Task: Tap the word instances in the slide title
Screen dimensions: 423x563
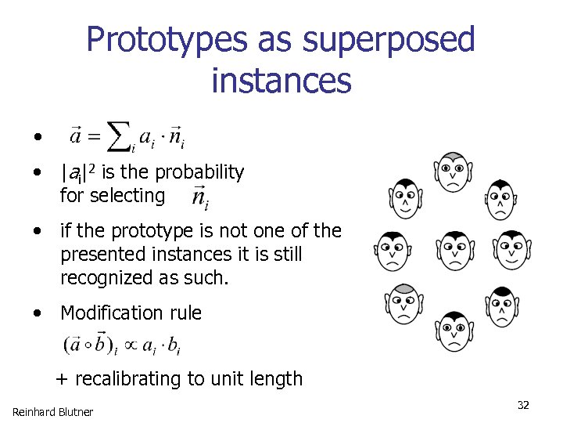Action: [x=281, y=80]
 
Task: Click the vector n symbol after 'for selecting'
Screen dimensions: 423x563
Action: [x=199, y=197]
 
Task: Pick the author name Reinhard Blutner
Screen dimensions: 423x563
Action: [x=52, y=411]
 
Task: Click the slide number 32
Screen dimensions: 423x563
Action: [x=523, y=405]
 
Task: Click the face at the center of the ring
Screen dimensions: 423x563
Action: [x=454, y=250]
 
